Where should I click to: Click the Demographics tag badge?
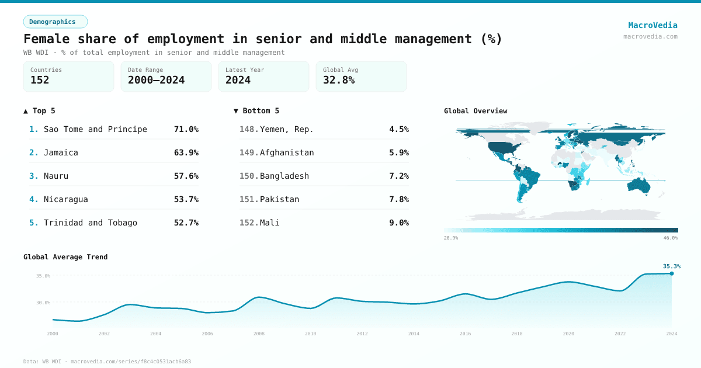pyautogui.click(x=55, y=22)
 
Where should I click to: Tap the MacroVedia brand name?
pyautogui.click(x=653, y=25)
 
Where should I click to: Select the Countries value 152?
pyautogui.click(x=40, y=80)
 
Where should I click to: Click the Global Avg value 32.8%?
pyautogui.click(x=339, y=80)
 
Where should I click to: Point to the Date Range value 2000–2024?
pyautogui.click(x=156, y=80)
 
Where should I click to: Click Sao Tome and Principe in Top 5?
pyautogui.click(x=95, y=129)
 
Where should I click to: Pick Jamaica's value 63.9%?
pyautogui.click(x=186, y=152)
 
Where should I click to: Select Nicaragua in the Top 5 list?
pyautogui.click(x=65, y=199)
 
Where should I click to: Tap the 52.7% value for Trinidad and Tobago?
pyautogui.click(x=186, y=223)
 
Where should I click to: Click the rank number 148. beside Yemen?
pyautogui.click(x=249, y=129)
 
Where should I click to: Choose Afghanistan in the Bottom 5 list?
pyautogui.click(x=287, y=152)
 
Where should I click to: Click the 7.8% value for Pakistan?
pyautogui.click(x=398, y=199)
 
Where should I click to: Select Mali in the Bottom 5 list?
pyautogui.click(x=269, y=223)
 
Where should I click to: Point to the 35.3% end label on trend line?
pyautogui.click(x=671, y=266)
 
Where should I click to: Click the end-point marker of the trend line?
pyautogui.click(x=672, y=273)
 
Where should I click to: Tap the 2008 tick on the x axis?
pyautogui.click(x=259, y=334)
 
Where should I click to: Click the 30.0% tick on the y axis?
pyautogui.click(x=43, y=303)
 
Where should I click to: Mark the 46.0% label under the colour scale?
pyautogui.click(x=671, y=238)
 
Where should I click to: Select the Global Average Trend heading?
pyautogui.click(x=65, y=257)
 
